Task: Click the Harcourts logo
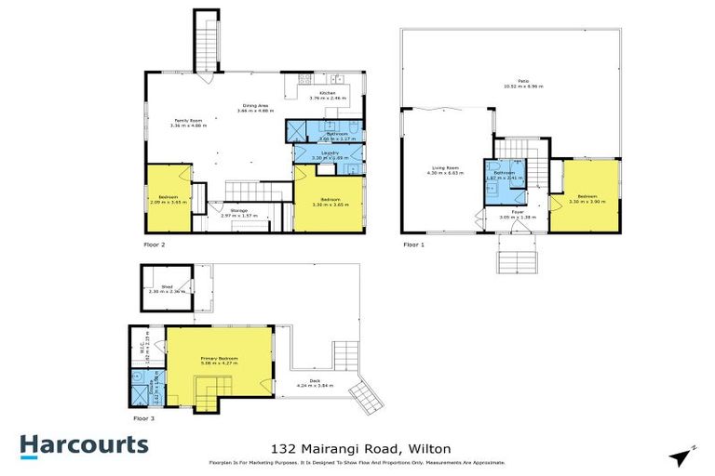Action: pyautogui.click(x=84, y=444)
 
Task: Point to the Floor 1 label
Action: pyautogui.click(x=412, y=245)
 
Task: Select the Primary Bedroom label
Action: pyautogui.click(x=220, y=359)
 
